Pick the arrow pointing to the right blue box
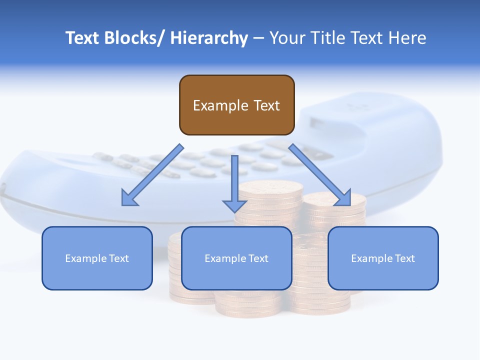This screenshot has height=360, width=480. coord(320,175)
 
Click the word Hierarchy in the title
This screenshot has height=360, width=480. coord(209,38)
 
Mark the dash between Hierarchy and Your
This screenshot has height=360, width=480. coord(258,38)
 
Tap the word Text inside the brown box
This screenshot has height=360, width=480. coord(266,105)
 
